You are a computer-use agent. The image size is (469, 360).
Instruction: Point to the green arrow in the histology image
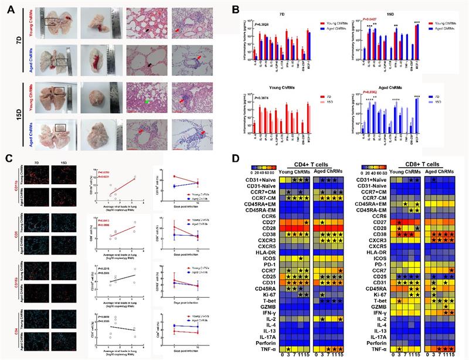coord(136,103)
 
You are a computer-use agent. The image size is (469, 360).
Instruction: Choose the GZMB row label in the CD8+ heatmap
coord(381,307)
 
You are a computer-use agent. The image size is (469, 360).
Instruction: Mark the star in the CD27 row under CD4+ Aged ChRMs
coord(324,223)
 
